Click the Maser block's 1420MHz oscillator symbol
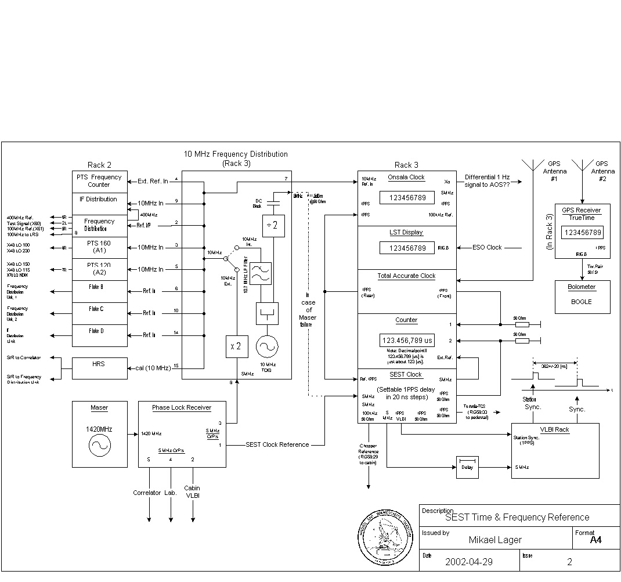(x=99, y=446)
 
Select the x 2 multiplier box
(x=237, y=347)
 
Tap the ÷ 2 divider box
(x=273, y=226)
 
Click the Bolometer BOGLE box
(x=581, y=297)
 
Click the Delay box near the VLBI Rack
(x=467, y=468)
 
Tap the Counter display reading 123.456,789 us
(x=407, y=341)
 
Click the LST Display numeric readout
(x=407, y=248)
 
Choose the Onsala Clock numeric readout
(x=407, y=198)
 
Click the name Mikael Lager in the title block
(x=495, y=540)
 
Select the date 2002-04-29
(x=469, y=562)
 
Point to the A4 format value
(x=595, y=540)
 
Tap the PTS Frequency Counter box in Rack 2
(x=99, y=181)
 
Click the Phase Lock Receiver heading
(x=182, y=407)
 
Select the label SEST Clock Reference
(x=277, y=444)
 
